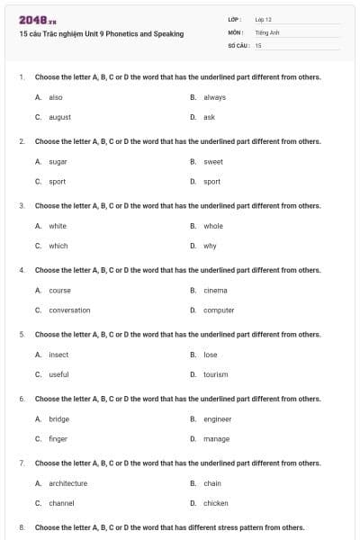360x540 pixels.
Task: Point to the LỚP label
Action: [235, 19]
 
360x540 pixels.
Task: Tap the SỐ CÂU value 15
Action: [258, 44]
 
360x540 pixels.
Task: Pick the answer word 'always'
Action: [214, 97]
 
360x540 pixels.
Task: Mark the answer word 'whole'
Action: [213, 226]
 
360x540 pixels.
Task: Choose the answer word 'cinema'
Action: [215, 290]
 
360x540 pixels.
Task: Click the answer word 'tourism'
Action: [216, 374]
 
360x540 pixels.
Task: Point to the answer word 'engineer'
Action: [217, 419]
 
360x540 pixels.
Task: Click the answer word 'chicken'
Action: [216, 503]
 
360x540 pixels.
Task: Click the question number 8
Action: [22, 527]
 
